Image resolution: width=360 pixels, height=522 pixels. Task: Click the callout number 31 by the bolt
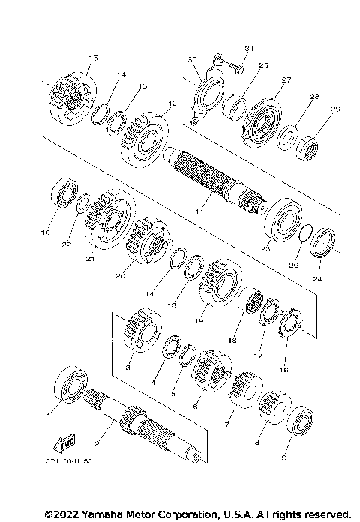(x=250, y=49)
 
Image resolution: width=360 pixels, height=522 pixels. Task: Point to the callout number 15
(x=93, y=58)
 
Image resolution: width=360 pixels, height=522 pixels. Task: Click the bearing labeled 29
(x=308, y=139)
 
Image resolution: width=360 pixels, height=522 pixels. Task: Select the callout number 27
(x=286, y=79)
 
